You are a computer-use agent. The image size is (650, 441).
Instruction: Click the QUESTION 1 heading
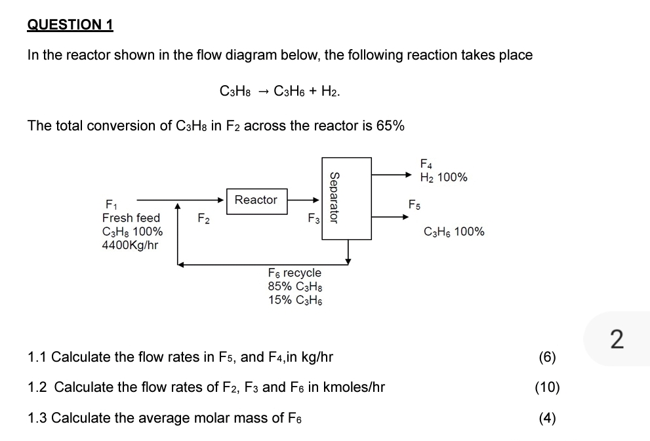click(70, 25)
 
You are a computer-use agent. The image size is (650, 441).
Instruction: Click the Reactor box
click(256, 200)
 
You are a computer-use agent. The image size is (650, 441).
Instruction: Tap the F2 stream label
click(204, 218)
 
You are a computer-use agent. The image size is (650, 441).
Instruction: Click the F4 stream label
click(426, 163)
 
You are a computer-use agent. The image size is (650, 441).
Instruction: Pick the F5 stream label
click(415, 205)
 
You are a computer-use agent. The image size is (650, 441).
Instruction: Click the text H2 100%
click(443, 177)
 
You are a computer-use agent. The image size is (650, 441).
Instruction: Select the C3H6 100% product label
click(454, 231)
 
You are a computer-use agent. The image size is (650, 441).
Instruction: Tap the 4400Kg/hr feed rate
click(130, 245)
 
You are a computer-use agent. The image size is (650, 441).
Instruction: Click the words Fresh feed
click(131, 218)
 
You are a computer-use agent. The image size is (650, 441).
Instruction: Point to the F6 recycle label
click(295, 273)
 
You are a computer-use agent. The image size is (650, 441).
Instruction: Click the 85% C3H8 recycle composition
click(295, 286)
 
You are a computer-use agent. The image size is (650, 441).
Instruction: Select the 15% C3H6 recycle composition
click(295, 300)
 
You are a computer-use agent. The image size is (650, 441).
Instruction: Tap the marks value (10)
click(547, 387)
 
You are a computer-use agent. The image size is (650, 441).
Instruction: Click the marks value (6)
click(547, 357)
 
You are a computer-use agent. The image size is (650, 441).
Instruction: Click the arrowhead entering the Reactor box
click(222, 200)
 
